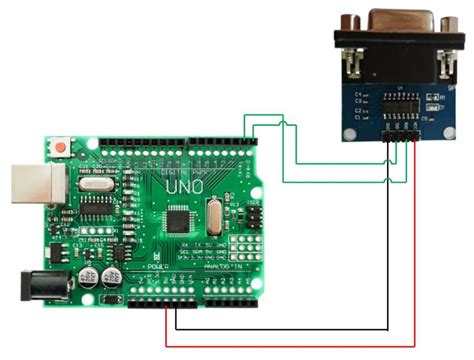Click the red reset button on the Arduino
click(62, 148)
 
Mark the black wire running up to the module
click(388, 250)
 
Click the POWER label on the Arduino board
click(158, 267)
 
